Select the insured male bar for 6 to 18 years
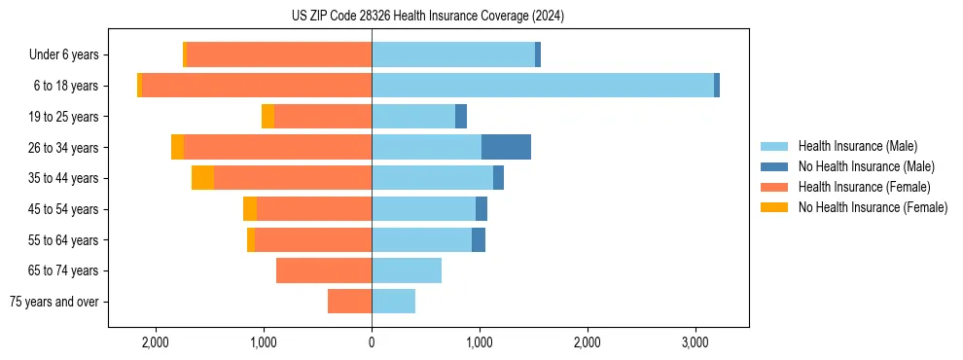pyautogui.click(x=543, y=86)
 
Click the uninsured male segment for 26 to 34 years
pyautogui.click(x=506, y=147)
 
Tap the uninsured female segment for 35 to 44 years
pyautogui.click(x=202, y=178)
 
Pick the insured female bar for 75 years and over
pyautogui.click(x=349, y=302)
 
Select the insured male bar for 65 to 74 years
pyautogui.click(x=407, y=270)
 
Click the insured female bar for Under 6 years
pyautogui.click(x=279, y=54)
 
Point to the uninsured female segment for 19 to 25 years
pyautogui.click(x=267, y=117)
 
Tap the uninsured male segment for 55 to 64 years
pyautogui.click(x=479, y=239)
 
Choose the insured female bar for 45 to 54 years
pyautogui.click(x=314, y=209)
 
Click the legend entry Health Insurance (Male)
pyautogui.click(x=857, y=146)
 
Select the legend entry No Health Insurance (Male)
pyautogui.click(x=866, y=166)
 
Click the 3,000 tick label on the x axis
pyautogui.click(x=695, y=342)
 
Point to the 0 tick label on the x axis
pyautogui.click(x=372, y=342)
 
